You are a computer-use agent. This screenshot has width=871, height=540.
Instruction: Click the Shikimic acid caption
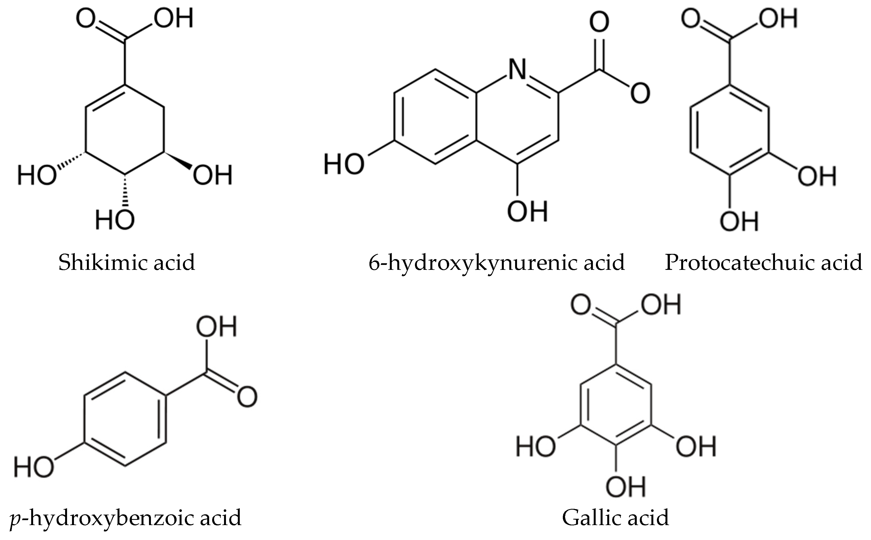tap(127, 262)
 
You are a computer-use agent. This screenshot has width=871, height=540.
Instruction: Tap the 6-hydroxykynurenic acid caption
tap(496, 262)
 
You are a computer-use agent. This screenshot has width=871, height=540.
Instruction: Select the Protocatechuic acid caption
tap(763, 262)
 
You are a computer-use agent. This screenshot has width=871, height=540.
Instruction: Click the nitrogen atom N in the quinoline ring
tap(517, 70)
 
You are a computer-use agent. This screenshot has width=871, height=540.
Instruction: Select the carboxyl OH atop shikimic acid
tap(174, 18)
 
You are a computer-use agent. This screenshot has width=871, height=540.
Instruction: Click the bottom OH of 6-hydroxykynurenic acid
tap(527, 211)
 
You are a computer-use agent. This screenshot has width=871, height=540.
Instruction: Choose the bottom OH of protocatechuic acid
tap(739, 221)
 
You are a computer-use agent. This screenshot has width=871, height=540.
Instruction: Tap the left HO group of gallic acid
tap(536, 447)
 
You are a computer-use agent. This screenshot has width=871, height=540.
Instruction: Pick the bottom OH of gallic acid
tap(626, 487)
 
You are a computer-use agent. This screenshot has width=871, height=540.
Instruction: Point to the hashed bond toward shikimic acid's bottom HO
tap(125, 191)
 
